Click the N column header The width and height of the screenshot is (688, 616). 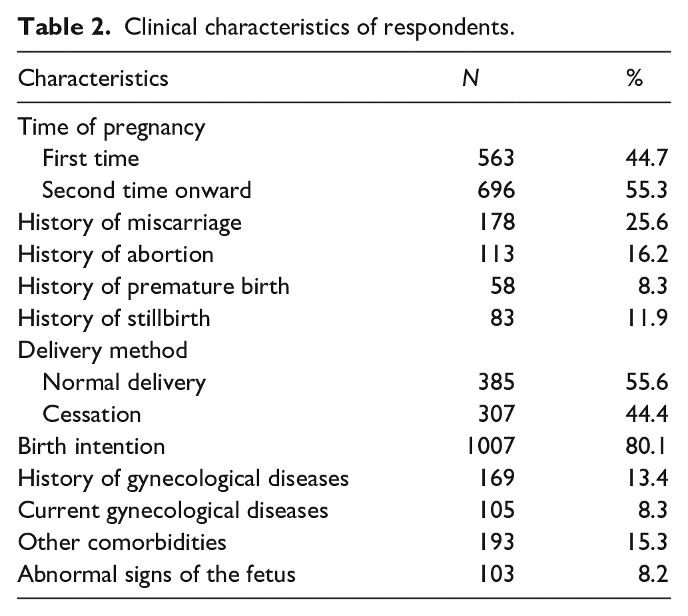click(470, 78)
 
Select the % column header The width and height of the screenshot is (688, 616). click(635, 78)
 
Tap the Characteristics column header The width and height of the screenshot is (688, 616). click(93, 78)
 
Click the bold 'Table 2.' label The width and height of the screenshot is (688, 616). click(64, 27)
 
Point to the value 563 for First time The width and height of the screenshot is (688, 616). click(496, 158)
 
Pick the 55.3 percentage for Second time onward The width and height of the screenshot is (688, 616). click(647, 190)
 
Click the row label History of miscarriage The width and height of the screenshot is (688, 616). click(130, 222)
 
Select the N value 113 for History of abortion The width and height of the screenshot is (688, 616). click(496, 254)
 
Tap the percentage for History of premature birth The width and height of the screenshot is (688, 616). click(653, 286)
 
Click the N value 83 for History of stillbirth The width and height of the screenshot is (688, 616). click(502, 318)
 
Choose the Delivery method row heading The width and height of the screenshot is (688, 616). click(103, 351)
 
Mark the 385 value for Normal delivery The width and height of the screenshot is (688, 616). click(496, 382)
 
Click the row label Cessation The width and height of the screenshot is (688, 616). click(92, 414)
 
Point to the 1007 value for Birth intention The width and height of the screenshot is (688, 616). click(490, 446)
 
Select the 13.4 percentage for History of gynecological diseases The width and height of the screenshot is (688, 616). click(647, 478)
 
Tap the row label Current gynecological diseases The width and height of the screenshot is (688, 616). click(173, 511)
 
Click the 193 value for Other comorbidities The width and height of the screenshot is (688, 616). click(496, 542)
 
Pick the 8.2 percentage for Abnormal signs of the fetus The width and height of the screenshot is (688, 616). click(653, 574)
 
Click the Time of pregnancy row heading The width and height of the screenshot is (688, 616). click(111, 127)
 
